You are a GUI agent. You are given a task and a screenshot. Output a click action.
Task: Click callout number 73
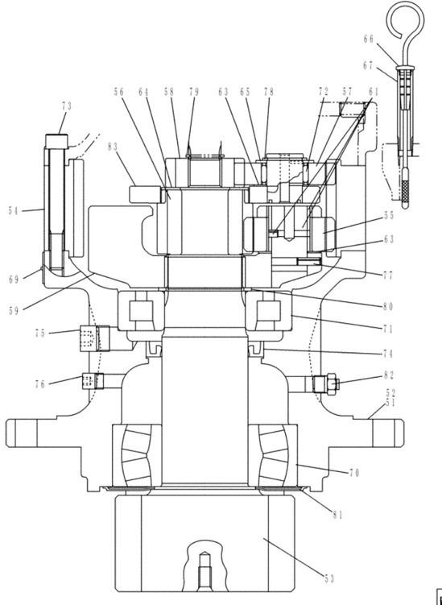point(66,106)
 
